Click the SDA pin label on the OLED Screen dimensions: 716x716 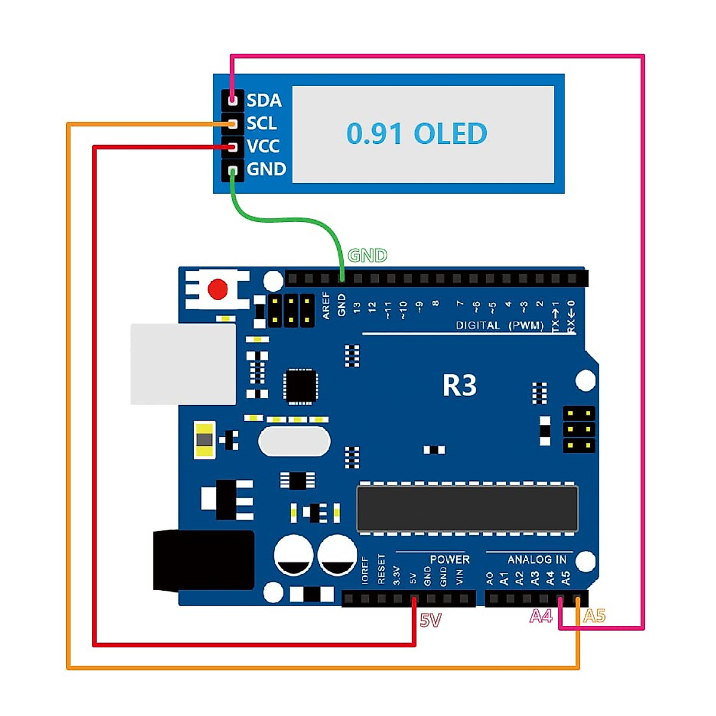(x=264, y=100)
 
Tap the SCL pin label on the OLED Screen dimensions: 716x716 (x=261, y=124)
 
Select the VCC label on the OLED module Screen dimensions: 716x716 (x=263, y=146)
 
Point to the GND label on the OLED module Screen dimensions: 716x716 (x=266, y=169)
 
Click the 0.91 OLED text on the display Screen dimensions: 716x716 (x=416, y=134)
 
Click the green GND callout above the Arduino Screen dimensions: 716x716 (x=368, y=256)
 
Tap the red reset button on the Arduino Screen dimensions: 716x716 (x=218, y=290)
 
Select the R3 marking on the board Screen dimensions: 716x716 (x=459, y=385)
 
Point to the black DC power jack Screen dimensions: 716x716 (x=203, y=560)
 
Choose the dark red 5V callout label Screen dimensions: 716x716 (x=430, y=621)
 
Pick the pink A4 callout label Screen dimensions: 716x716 (x=541, y=616)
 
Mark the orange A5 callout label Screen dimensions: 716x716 (x=594, y=616)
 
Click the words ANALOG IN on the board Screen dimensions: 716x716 (x=536, y=560)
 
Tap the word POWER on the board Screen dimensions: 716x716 (x=449, y=560)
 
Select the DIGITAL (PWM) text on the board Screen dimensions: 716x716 (x=499, y=326)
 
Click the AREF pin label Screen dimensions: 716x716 (x=326, y=305)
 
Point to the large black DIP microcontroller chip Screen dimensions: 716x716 (x=467, y=508)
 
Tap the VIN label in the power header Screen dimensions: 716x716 (x=459, y=577)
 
